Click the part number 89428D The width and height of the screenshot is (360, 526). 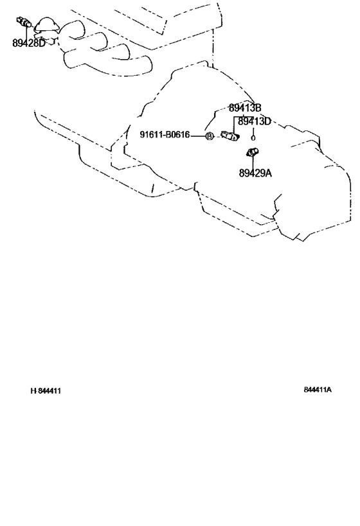[28, 43]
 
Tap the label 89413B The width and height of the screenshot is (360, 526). [245, 108]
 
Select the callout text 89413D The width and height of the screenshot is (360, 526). [254, 121]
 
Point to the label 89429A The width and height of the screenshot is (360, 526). [255, 173]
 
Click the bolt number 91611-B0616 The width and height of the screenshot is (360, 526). [165, 134]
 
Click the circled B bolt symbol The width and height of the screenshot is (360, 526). [209, 136]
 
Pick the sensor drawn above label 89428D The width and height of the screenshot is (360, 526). [24, 22]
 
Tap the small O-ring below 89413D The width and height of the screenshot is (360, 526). [253, 137]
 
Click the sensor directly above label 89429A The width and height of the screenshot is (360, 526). [252, 152]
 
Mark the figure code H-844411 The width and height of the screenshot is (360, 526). [46, 391]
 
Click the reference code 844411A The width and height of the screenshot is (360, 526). [318, 389]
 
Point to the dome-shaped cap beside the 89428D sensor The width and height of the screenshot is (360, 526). [46, 26]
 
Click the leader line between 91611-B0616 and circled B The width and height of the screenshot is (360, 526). [197, 136]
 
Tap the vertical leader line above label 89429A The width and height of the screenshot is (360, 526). [253, 162]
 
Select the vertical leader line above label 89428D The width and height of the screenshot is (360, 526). [26, 33]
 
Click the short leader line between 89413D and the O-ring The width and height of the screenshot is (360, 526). [253, 130]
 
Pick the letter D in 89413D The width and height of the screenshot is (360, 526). [267, 121]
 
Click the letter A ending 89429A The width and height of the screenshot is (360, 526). [268, 173]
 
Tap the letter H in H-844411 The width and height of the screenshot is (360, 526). [33, 391]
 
